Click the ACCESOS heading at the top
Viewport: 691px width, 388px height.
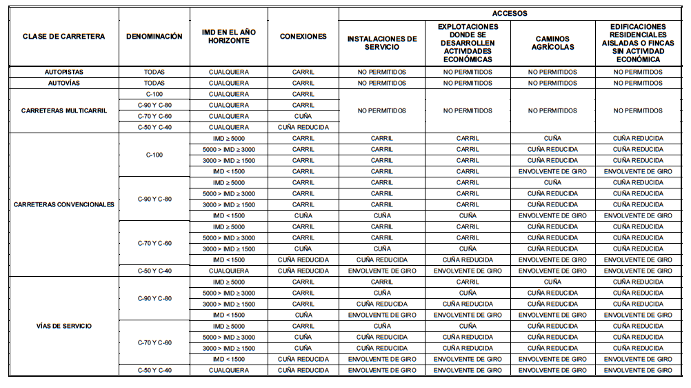510,13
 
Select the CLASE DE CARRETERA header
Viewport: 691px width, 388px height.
63,37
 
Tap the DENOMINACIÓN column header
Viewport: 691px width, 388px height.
154,37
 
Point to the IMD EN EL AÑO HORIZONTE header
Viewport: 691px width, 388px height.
229,37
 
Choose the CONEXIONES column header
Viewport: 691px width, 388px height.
303,37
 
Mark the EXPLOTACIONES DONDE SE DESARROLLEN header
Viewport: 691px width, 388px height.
467,43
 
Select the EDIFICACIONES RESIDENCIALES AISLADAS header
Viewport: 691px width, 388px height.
638,43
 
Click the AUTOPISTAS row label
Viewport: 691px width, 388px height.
63,72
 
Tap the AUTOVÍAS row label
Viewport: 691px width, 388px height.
63,83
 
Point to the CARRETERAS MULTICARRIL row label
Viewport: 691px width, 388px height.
63,110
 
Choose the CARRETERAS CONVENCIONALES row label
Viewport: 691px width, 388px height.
63,204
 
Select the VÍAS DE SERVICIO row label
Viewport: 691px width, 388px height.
63,326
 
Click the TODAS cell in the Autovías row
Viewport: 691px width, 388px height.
154,83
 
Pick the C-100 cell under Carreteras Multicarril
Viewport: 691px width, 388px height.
154,94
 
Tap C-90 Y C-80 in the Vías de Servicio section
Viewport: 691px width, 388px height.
154,298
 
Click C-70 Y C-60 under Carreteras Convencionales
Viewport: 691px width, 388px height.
154,243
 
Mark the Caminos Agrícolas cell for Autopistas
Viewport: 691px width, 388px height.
552,72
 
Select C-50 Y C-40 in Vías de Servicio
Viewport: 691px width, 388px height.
154,370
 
